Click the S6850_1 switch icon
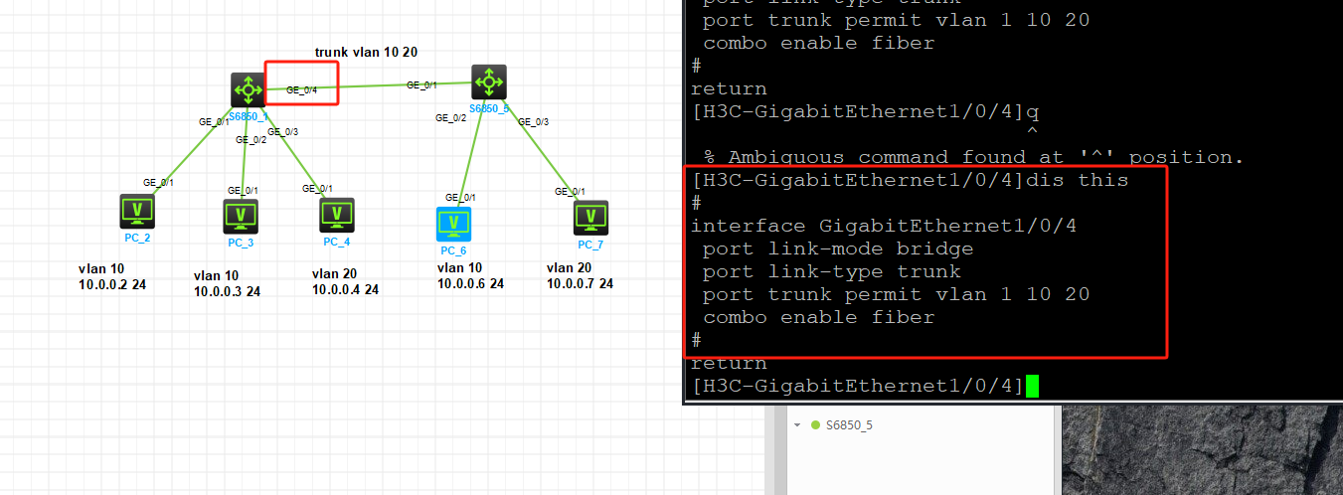click(247, 89)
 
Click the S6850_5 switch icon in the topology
click(488, 82)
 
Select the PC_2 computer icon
click(137, 211)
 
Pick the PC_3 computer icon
click(241, 215)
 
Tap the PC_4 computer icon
click(337, 214)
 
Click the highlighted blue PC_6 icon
click(453, 224)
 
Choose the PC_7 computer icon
click(590, 218)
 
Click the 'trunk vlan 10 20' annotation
click(365, 52)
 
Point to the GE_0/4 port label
click(301, 90)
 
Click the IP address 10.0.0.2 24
click(112, 285)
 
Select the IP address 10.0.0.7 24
click(580, 284)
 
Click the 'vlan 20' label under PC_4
click(334, 273)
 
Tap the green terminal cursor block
click(1032, 386)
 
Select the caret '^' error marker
click(1032, 132)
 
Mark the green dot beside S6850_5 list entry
click(815, 425)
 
